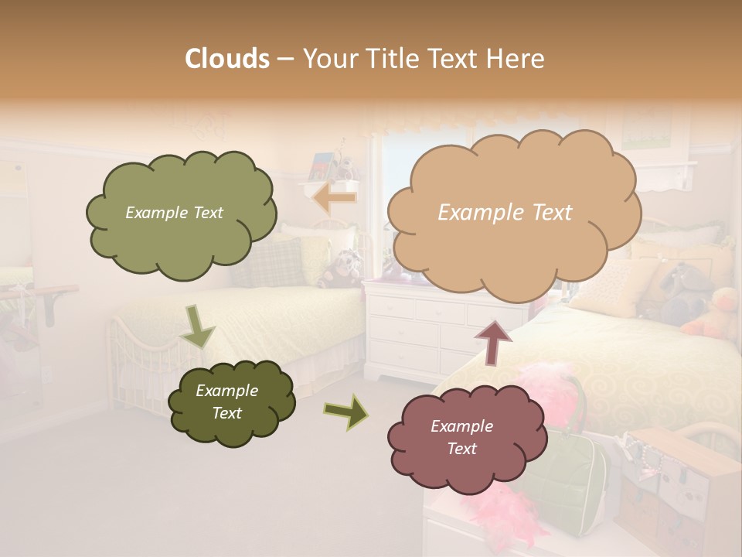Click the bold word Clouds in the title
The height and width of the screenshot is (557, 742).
(227, 59)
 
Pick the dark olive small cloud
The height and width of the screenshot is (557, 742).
(231, 403)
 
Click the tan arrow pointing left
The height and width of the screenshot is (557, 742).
(335, 199)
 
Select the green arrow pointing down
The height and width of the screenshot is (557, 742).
(197, 326)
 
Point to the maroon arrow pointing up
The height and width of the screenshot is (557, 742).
(493, 341)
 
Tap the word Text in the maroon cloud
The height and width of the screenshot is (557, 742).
(462, 449)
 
